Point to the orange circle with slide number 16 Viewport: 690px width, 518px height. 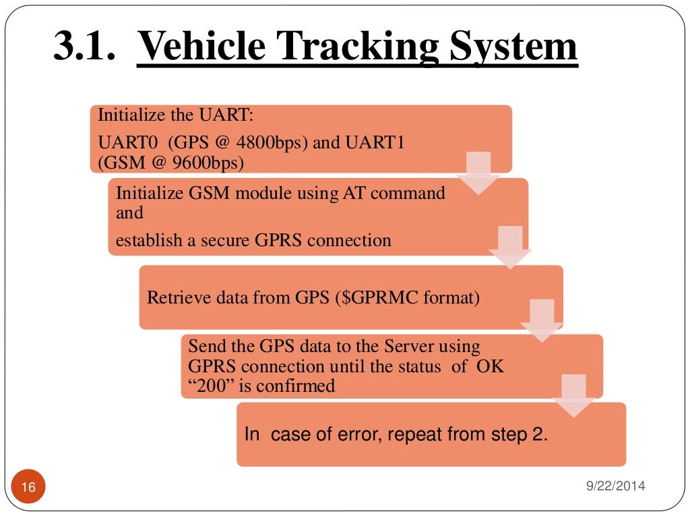click(x=28, y=486)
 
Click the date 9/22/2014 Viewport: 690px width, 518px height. click(x=617, y=485)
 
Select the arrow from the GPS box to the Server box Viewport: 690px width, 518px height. click(x=542, y=321)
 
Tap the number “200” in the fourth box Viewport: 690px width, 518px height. click(x=206, y=386)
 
